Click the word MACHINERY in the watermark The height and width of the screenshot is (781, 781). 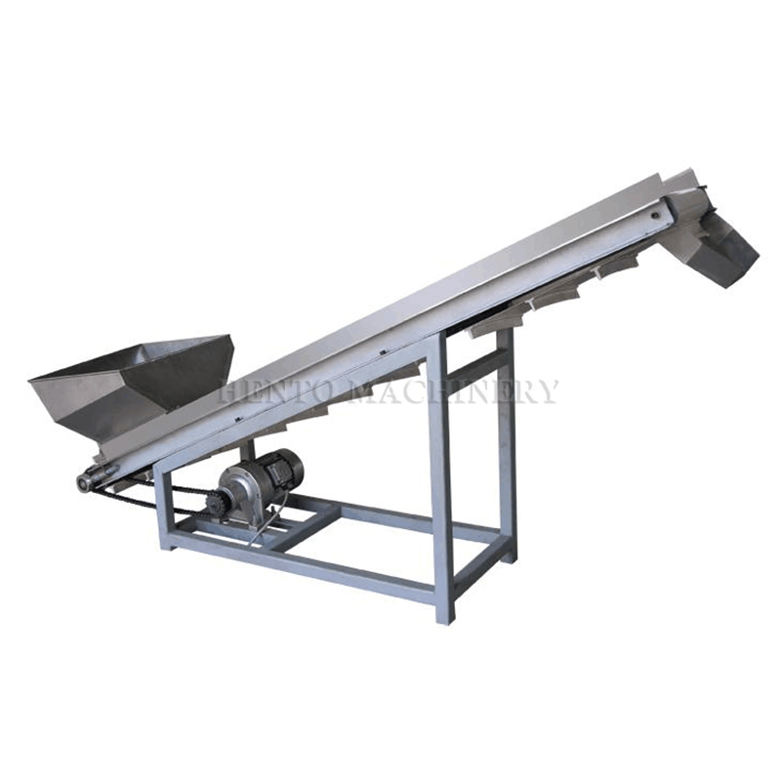pos(456,391)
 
